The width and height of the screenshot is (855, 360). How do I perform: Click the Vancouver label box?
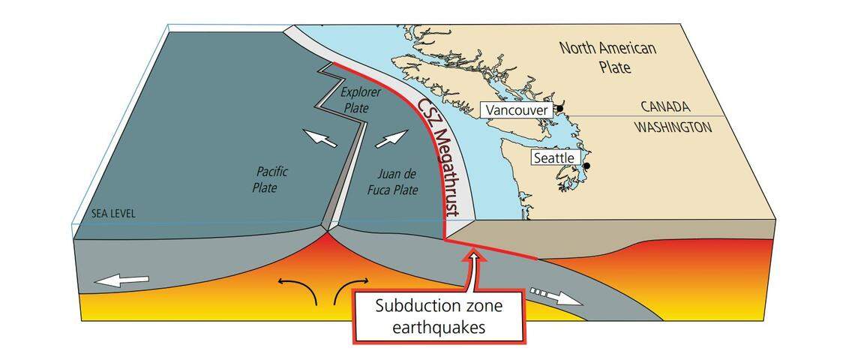(x=517, y=110)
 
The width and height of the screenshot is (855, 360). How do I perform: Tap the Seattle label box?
(x=555, y=158)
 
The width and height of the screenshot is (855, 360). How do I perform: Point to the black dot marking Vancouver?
(x=560, y=107)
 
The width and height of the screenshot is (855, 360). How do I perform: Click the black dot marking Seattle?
(x=586, y=166)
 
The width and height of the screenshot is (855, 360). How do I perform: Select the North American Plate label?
(x=607, y=58)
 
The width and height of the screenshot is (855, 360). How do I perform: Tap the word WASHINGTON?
(x=673, y=127)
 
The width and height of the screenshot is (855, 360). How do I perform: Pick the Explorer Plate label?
(x=360, y=100)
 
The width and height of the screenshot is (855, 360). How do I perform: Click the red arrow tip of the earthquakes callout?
(x=474, y=258)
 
